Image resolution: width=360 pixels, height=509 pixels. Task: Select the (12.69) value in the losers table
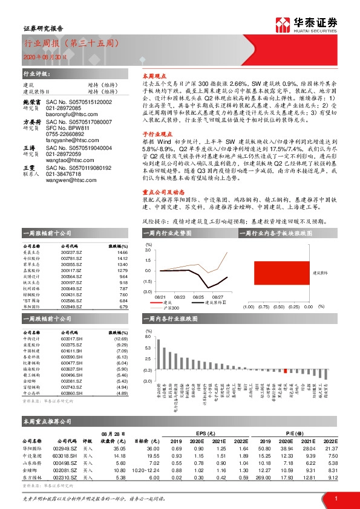121,339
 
